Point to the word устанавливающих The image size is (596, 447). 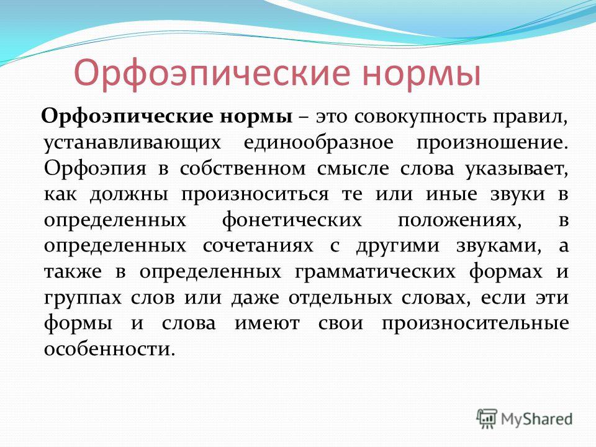(132, 143)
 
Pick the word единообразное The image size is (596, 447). (318, 143)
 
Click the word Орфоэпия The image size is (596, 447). (95, 169)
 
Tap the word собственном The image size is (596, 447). (243, 169)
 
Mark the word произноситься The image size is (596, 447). (255, 195)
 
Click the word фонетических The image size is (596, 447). (292, 220)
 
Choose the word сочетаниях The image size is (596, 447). (258, 246)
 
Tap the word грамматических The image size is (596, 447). (375, 272)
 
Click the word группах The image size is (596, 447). (83, 298)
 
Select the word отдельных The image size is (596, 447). (340, 297)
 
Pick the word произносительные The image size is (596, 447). (475, 324)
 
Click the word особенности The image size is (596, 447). (109, 348)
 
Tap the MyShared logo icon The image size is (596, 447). (487, 419)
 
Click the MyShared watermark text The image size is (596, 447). (536, 419)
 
